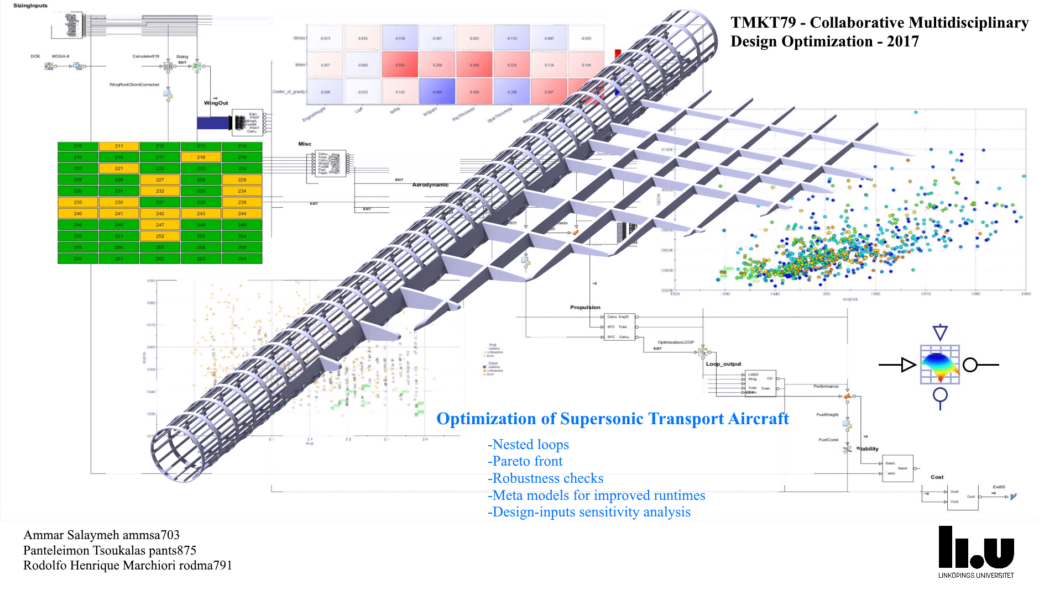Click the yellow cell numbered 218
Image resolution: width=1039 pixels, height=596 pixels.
tap(201, 157)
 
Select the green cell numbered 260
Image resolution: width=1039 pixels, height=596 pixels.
tap(78, 259)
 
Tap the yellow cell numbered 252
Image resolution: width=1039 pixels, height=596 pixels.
tap(160, 236)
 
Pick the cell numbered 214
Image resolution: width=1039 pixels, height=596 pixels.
tap(242, 146)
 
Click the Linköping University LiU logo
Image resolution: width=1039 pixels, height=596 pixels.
tap(976, 551)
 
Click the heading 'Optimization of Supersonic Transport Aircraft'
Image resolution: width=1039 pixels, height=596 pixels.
tap(612, 419)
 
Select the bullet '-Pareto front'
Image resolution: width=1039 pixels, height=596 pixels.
tap(525, 461)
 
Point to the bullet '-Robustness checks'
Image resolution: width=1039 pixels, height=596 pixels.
tap(545, 478)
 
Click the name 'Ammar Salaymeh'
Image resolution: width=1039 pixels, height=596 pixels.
tap(71, 535)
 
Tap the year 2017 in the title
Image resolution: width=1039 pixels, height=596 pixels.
tap(902, 41)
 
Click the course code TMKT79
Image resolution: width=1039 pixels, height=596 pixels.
tap(763, 23)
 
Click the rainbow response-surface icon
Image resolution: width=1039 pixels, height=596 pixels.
tap(939, 365)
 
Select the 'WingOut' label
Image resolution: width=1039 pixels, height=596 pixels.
tap(216, 103)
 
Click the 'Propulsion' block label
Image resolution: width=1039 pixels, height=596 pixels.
tap(585, 307)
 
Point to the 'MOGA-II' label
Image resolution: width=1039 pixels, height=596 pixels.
tap(60, 56)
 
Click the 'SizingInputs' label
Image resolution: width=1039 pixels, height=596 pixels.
tap(30, 6)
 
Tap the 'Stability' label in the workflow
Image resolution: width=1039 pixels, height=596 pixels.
tap(868, 449)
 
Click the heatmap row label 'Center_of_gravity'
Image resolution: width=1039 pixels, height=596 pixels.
tap(289, 92)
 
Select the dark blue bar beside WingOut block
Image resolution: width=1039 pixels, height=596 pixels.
tap(214, 123)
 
